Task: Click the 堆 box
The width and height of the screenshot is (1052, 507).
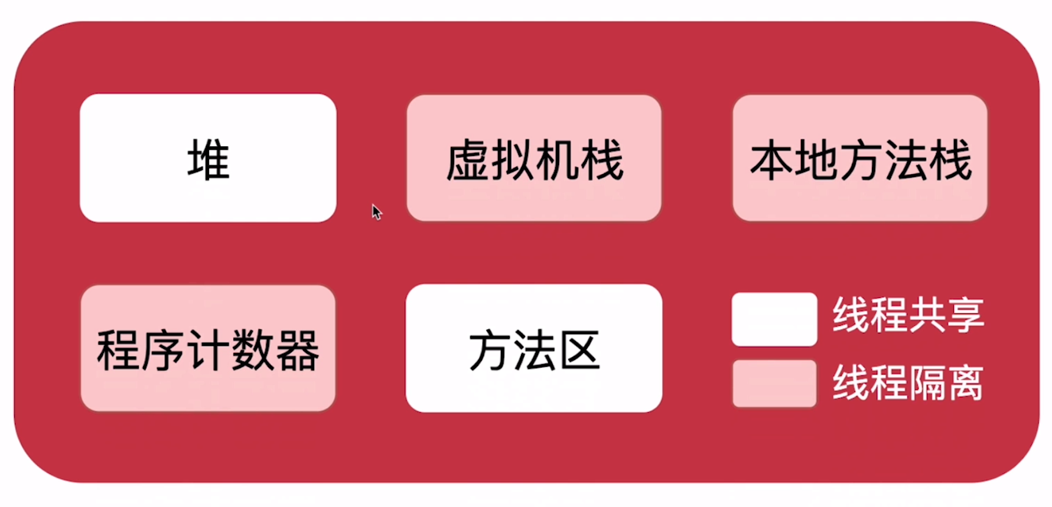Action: point(208,158)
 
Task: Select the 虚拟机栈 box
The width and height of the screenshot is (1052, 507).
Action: point(534,158)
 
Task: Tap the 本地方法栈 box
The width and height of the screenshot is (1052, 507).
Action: point(860,158)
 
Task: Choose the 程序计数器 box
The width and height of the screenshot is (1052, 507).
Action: point(208,349)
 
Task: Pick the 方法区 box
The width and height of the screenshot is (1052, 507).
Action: point(534,349)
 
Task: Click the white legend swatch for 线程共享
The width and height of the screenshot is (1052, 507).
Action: point(774,319)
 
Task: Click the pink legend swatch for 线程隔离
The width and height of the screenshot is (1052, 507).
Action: point(774,384)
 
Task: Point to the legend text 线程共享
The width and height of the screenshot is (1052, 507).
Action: point(908,315)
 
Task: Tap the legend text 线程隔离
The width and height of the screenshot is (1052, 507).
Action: point(908,382)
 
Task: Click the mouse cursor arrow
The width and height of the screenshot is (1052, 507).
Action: point(376,211)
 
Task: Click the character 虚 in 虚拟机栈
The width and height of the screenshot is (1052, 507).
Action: point(468,161)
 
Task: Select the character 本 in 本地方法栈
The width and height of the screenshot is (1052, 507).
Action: point(771,161)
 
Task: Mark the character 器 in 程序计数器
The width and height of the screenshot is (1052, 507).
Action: point(297,351)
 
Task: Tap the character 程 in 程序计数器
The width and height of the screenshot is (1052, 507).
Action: point(119,351)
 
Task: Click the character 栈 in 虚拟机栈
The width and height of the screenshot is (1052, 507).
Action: point(602,161)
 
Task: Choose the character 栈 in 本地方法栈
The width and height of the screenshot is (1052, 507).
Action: point(950,161)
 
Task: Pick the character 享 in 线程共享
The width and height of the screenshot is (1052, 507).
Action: point(966,315)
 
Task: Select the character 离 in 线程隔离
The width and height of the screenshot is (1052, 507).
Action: point(966,382)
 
